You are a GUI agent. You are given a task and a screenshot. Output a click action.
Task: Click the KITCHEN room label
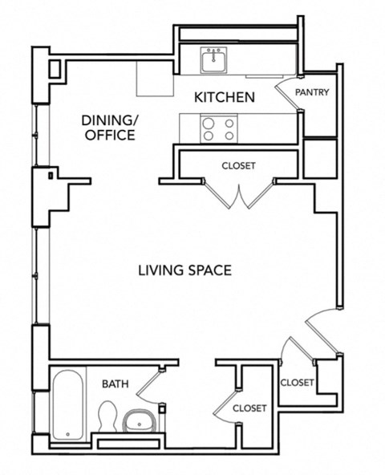[225, 98]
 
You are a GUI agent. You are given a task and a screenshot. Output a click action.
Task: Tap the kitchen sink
[214, 60]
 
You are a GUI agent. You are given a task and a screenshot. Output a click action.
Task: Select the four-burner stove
[218, 129]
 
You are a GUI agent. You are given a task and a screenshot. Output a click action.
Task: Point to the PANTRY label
[312, 92]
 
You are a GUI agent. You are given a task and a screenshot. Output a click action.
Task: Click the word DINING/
[110, 120]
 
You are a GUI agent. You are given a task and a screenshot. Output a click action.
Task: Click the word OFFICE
[110, 135]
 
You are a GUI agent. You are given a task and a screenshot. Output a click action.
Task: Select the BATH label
[115, 384]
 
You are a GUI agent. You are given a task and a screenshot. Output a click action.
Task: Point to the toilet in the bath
[107, 416]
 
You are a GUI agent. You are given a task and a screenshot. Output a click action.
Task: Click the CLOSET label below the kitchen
[238, 166]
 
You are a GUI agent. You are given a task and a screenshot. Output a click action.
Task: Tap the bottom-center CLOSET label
[249, 408]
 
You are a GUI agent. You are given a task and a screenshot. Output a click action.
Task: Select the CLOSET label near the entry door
[297, 383]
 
